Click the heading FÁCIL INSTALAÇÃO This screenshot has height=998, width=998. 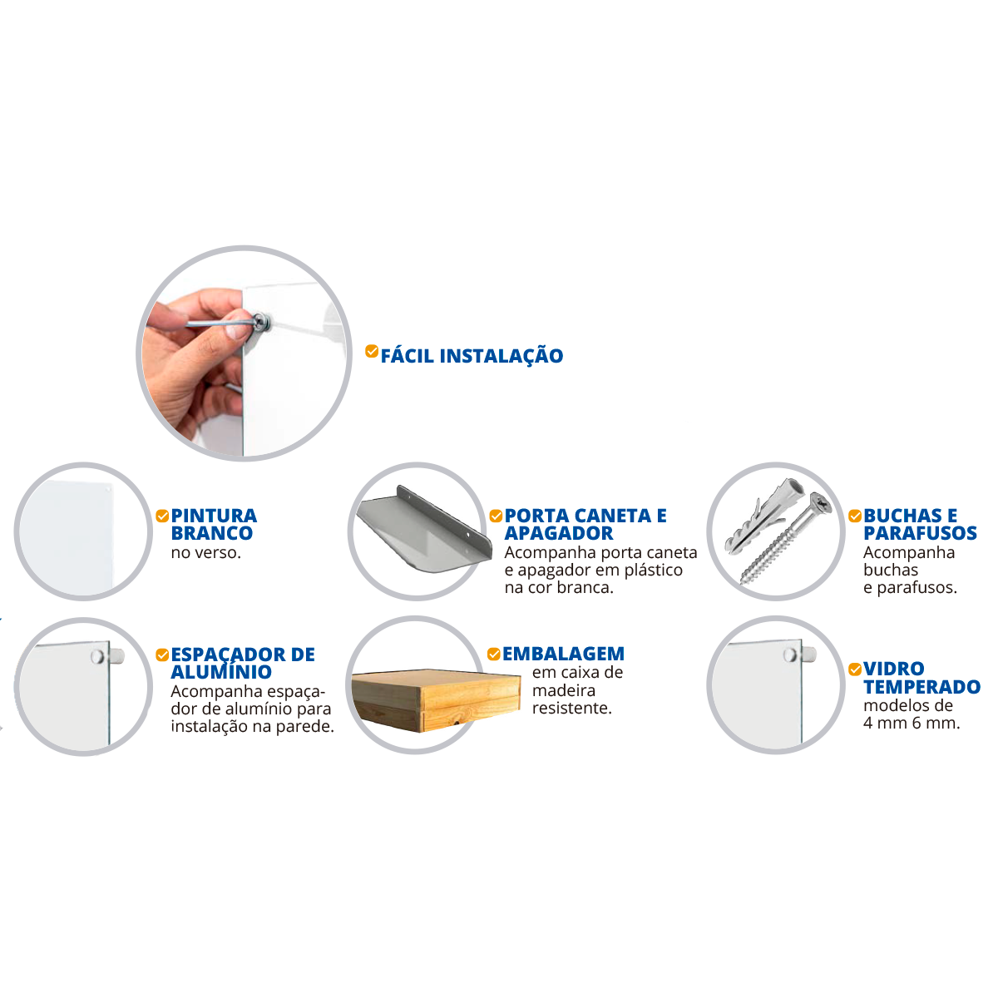click(472, 356)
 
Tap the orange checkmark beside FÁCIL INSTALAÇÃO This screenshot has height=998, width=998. click(371, 351)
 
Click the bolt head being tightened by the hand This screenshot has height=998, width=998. click(261, 321)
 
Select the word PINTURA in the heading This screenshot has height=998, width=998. click(214, 516)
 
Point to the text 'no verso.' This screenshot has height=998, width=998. click(206, 552)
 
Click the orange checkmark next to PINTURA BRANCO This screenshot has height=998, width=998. click(162, 516)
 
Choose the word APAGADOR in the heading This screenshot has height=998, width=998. click(559, 533)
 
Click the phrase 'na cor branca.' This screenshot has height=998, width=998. click(559, 587)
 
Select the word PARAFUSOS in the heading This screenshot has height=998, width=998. click(920, 533)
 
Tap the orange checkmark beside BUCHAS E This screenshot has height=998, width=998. click(855, 516)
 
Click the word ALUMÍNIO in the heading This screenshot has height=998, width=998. click(221, 672)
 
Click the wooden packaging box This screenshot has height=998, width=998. click(436, 699)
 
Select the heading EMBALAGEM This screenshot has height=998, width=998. click(563, 654)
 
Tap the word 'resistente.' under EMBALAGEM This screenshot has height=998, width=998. click(571, 708)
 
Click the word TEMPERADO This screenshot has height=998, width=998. click(921, 686)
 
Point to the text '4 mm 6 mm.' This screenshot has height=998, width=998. click(912, 723)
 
